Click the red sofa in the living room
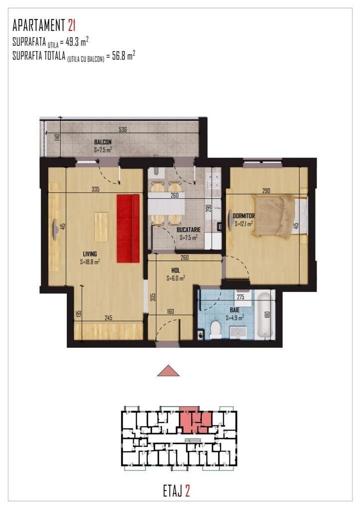point(128,228)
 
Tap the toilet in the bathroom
point(216,329)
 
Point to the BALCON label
point(103,142)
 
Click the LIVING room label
point(90,254)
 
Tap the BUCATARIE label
point(188,229)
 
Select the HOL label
point(176,270)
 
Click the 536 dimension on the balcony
point(122,129)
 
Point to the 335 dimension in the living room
point(96,189)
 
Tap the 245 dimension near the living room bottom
point(109,318)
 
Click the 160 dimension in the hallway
point(170,311)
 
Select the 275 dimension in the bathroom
point(240,297)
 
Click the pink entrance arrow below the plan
point(168,370)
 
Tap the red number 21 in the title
point(72,25)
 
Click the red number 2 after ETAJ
point(187,491)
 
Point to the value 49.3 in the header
point(73,42)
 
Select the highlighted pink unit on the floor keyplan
point(196,419)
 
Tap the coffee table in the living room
point(102,226)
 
